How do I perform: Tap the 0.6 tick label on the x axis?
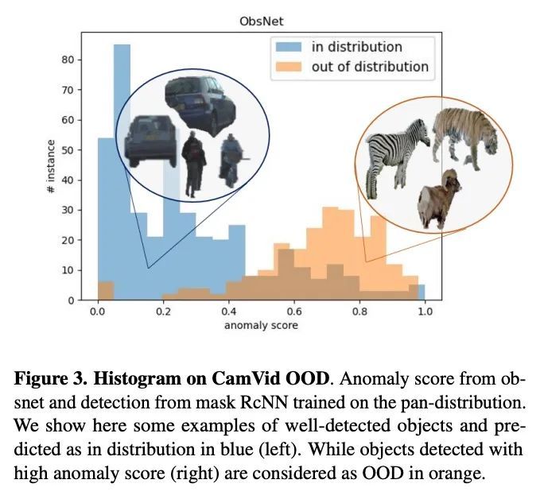click(294, 313)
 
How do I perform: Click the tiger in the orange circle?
click(466, 135)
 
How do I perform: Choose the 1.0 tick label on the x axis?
click(425, 313)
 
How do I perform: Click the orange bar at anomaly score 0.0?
click(106, 291)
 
